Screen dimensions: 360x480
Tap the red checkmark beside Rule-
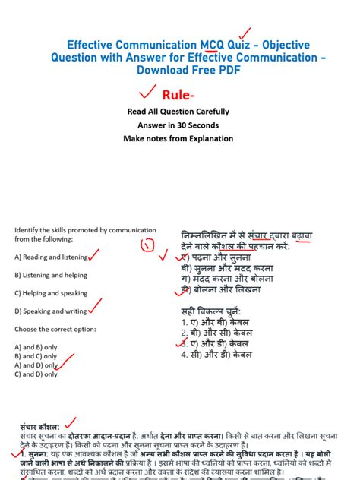coord(141,93)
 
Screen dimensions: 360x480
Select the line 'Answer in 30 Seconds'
coord(178,125)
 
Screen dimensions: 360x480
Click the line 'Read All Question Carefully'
coord(178,112)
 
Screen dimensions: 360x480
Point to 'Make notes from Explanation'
coord(178,139)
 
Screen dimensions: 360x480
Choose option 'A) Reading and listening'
coord(51,257)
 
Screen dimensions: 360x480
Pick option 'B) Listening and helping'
coord(50,275)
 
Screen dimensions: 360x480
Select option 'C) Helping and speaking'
coord(50,293)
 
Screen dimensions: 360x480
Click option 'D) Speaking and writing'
coord(50,311)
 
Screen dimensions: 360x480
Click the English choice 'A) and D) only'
coord(36,365)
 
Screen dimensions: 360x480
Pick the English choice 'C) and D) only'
coord(36,374)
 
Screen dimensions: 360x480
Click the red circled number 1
coord(148,244)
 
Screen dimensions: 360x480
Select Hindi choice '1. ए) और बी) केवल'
coord(216,322)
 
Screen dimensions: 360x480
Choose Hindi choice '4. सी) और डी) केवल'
coord(217,354)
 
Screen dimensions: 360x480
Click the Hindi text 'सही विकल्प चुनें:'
coord(212,311)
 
